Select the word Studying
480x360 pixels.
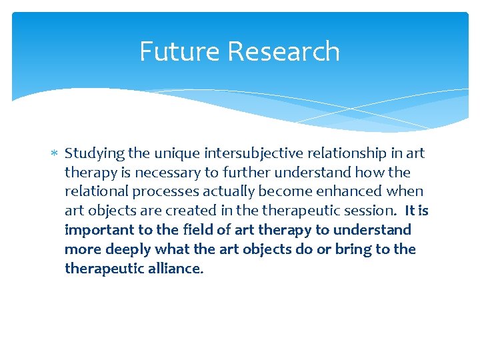click(95, 154)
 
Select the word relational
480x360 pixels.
click(93, 192)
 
